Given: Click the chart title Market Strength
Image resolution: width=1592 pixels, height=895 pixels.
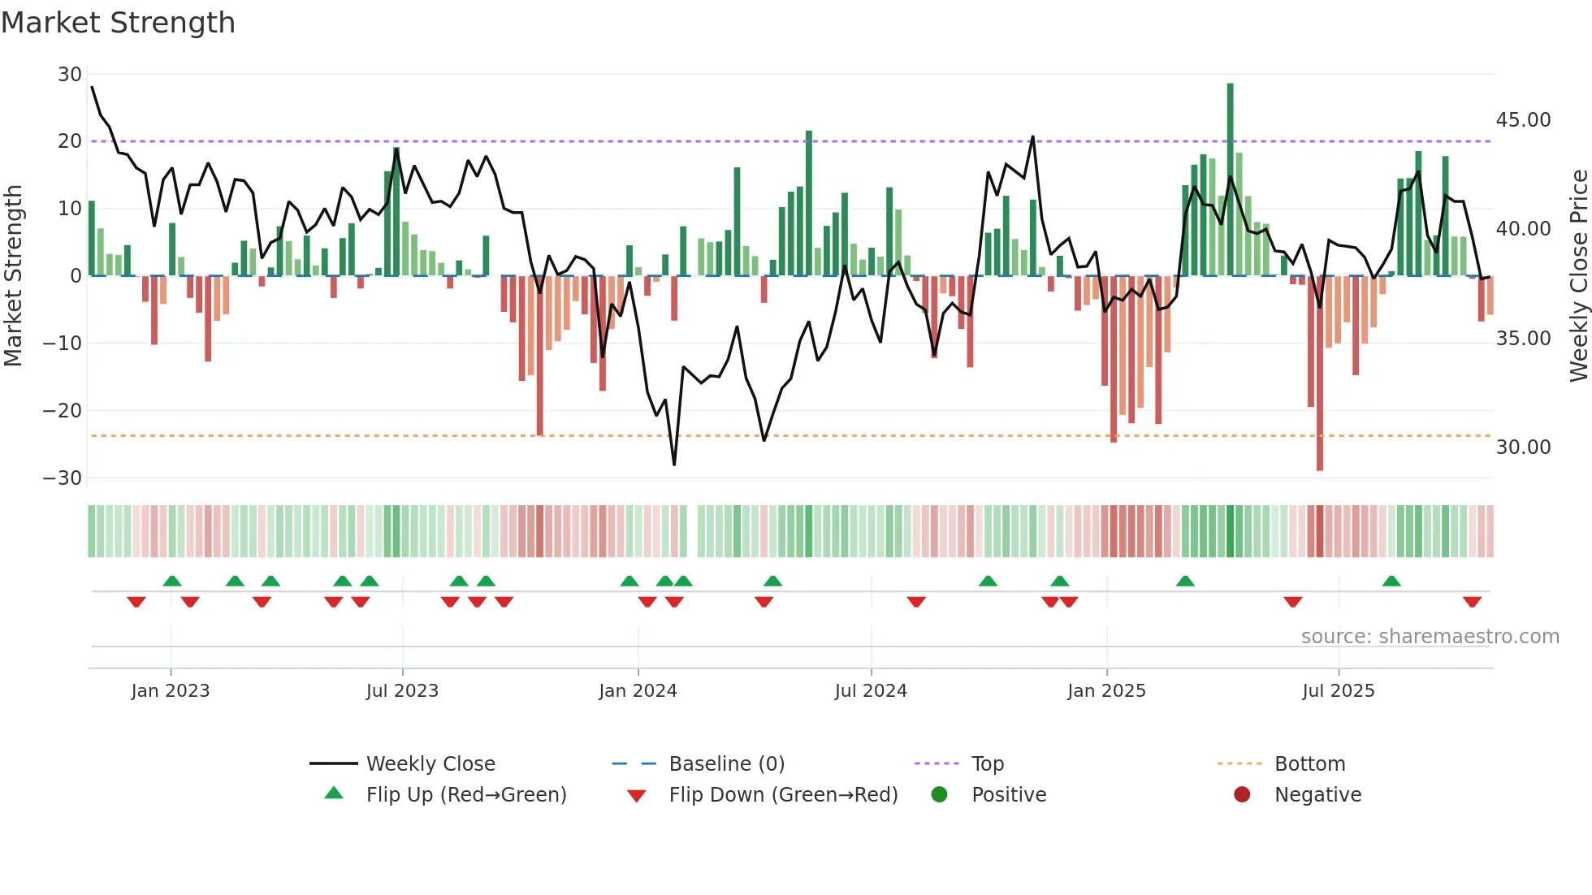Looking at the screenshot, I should point(118,23).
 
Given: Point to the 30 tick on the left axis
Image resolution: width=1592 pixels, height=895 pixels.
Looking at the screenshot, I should point(70,75).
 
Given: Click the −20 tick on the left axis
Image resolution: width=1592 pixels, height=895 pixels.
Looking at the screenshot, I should point(63,411).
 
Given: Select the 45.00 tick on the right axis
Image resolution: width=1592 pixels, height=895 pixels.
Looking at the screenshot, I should point(1523,120).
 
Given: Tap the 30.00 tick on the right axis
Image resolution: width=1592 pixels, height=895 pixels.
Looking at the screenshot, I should point(1523,447).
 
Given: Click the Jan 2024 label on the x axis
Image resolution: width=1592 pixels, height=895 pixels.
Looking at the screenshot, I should point(638,691).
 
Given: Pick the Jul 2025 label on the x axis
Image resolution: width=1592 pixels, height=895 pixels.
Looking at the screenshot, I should point(1338,691).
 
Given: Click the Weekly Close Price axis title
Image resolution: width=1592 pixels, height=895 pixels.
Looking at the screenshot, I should point(1578,276).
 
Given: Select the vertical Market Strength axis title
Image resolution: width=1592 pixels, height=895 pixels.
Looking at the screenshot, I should point(13,276).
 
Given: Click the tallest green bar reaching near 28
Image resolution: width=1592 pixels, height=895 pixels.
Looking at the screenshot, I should point(1230,179).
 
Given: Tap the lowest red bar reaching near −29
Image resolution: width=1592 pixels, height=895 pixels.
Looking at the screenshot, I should point(1320,374).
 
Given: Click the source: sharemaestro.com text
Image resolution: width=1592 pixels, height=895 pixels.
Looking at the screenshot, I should point(1430,637).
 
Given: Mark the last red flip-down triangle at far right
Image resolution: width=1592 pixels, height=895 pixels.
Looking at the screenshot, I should point(1472,602).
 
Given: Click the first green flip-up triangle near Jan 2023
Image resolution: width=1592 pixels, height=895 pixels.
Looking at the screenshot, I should point(171,581).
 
